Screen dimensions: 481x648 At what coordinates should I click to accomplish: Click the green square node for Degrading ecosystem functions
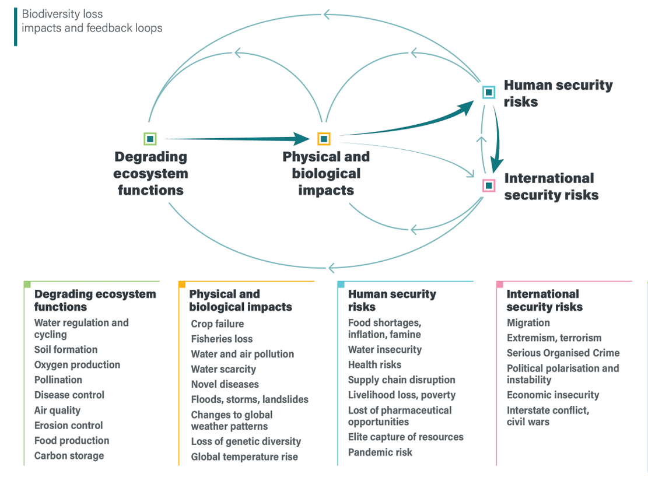coord(150,139)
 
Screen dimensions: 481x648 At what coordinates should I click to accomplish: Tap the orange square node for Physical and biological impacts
coord(324,139)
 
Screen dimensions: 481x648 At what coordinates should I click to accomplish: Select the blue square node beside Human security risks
coord(489,92)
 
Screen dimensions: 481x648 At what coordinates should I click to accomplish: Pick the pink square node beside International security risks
coord(489,185)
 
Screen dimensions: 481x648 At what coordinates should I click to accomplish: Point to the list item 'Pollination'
coord(58,380)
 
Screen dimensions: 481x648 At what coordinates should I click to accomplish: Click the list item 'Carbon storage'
coord(69,455)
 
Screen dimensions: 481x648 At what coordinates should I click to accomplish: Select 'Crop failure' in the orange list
coord(218,324)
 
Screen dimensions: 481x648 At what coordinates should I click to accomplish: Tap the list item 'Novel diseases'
coord(225,384)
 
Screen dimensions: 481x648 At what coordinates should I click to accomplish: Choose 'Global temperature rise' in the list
coord(244,457)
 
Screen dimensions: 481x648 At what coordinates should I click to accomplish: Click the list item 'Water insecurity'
coord(384,349)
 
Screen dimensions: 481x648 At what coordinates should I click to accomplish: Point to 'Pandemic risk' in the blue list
coord(380,452)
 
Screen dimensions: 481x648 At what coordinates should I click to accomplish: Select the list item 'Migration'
coord(528,322)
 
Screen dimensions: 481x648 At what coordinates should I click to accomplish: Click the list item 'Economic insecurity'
coord(552,395)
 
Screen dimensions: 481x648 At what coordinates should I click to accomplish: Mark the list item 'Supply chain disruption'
coord(401,380)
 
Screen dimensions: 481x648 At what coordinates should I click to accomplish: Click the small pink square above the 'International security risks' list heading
coord(499,285)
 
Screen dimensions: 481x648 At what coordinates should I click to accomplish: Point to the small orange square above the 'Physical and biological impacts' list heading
coord(182,285)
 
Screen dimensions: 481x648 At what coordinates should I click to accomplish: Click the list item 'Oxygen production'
coord(77,364)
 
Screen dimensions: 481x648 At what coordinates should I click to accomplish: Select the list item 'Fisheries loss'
coord(222,339)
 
